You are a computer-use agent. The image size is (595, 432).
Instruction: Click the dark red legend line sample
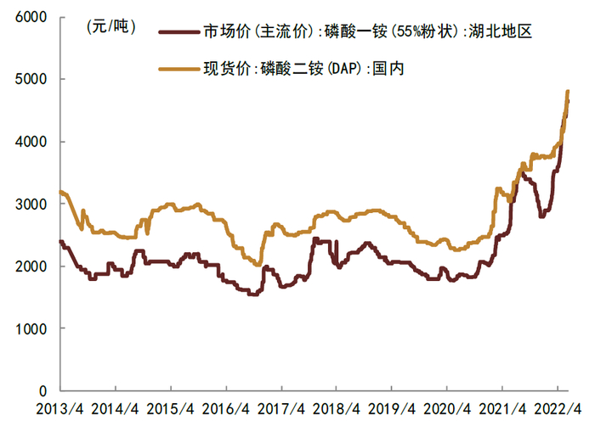coord(179,31)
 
